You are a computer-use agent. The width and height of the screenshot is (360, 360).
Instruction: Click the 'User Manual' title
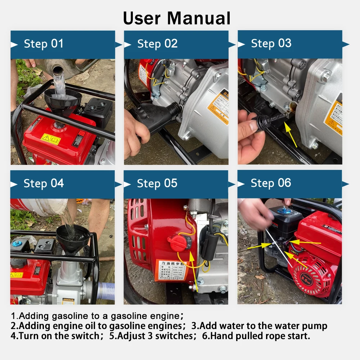(x=177, y=18)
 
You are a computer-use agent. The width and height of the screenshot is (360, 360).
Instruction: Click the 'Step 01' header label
(x=44, y=44)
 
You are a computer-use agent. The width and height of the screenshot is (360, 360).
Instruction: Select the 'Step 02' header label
(x=157, y=44)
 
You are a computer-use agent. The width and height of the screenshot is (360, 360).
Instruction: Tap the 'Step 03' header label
(x=271, y=44)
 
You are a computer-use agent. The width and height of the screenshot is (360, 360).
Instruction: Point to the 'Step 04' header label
(x=44, y=183)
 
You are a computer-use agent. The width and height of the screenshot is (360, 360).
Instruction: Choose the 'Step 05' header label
(x=157, y=183)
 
